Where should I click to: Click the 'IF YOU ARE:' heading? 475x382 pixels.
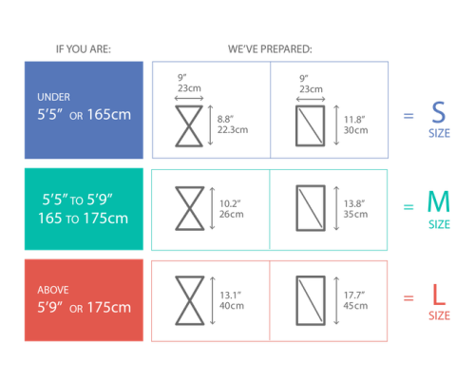(x=84, y=49)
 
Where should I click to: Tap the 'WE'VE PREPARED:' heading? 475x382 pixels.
(x=270, y=49)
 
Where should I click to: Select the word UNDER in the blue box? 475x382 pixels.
(x=53, y=97)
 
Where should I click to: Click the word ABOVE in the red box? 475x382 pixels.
(x=53, y=290)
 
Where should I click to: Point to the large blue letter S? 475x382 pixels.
(x=439, y=112)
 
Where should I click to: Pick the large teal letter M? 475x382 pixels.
(x=439, y=201)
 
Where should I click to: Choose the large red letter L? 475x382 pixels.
(x=439, y=295)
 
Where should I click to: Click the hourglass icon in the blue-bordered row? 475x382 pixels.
(x=189, y=126)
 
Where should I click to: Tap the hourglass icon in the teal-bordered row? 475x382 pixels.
(x=190, y=208)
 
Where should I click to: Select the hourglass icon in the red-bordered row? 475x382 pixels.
(x=190, y=300)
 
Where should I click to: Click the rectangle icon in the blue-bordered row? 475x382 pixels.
(x=311, y=125)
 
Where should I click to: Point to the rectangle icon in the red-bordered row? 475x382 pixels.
(x=311, y=300)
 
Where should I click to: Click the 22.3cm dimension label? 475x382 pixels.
(x=233, y=130)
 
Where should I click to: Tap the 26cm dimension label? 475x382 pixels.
(x=232, y=214)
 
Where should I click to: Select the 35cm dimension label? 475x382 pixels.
(x=355, y=214)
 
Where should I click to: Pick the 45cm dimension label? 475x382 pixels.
(x=355, y=306)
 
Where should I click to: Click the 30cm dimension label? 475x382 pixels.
(x=356, y=130)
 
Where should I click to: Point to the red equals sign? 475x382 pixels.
(x=408, y=297)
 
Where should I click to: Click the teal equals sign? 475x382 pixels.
(x=408, y=207)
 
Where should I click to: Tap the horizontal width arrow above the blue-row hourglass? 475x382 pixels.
(x=189, y=99)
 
